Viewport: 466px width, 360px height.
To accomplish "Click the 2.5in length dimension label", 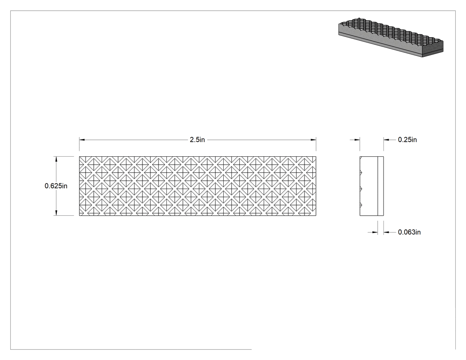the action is (x=197, y=139).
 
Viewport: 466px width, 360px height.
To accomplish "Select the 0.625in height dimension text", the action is (x=56, y=186).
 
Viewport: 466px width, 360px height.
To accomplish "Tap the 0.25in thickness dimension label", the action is (x=407, y=139).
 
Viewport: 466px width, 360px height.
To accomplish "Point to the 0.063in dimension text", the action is (x=409, y=232).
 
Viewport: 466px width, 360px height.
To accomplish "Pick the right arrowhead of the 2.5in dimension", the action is (x=313, y=139).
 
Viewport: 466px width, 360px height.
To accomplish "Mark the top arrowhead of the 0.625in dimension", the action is (x=56, y=159).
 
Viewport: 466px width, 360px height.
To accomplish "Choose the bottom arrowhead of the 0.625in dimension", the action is (x=56, y=213).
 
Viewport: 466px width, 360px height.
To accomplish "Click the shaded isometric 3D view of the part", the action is (x=391, y=37).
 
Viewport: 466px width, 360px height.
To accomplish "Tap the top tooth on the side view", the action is (x=361, y=172).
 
